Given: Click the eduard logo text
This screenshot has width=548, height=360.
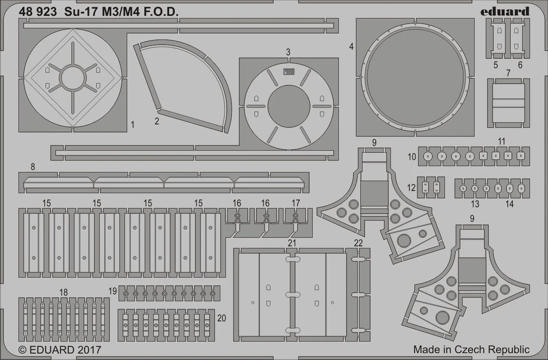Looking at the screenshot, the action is point(505,11).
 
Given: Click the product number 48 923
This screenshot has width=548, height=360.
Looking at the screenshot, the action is point(38,12).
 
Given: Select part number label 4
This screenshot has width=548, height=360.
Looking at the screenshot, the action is point(351,46).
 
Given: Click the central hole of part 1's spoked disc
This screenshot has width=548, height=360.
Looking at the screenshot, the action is point(73,78).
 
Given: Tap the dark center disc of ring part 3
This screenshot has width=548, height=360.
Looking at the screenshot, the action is point(289,106).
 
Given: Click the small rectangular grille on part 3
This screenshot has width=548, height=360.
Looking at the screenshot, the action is point(289,71).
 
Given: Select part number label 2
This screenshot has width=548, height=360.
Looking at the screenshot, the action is point(157,121).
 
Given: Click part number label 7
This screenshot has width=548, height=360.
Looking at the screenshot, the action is point(508,73).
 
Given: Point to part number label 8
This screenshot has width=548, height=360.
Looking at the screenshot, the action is point(33,166).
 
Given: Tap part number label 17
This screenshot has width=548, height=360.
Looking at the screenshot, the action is point(295,203).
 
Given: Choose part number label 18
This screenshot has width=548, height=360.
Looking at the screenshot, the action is point(64,292).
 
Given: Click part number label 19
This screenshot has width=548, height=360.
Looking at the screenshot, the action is point(113,291).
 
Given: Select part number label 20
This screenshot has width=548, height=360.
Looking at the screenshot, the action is point(222,318).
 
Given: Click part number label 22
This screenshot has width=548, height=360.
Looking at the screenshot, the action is point(358,243).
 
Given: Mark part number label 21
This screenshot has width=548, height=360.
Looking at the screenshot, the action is point(292,243).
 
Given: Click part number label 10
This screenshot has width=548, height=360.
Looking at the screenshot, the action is point(412,157).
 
